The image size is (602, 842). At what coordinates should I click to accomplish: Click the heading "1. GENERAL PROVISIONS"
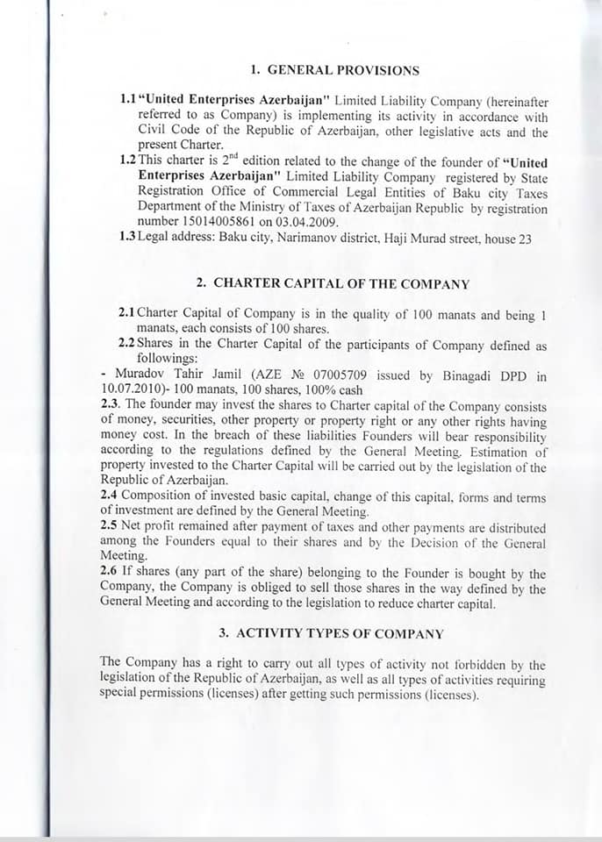(x=334, y=70)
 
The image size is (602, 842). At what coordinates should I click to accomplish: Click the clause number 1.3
(x=126, y=237)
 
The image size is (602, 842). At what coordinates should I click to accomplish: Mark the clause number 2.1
(x=126, y=313)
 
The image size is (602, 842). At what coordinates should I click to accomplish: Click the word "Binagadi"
(x=463, y=376)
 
